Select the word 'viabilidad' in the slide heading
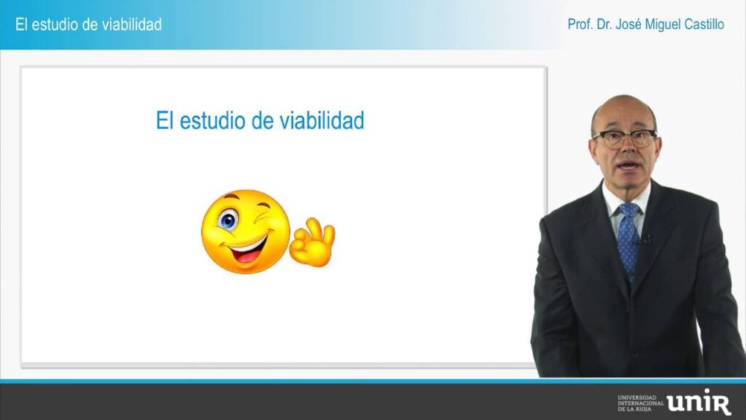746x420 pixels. [321, 120]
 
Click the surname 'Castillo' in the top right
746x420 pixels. [704, 24]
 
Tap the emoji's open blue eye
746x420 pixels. [228, 220]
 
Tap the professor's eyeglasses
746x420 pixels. [624, 138]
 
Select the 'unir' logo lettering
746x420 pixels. [699, 402]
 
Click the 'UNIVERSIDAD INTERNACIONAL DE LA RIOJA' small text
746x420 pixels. [640, 402]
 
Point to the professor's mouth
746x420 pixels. [629, 166]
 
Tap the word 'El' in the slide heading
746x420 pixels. [164, 120]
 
